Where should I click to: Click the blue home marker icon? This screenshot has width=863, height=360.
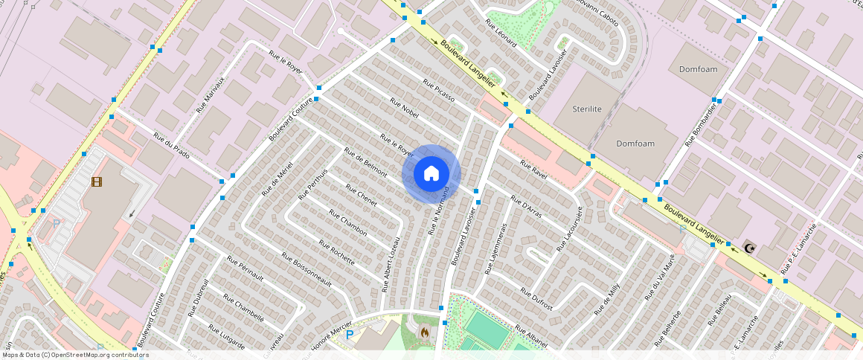[x=431, y=173]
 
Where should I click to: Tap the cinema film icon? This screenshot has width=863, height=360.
[x=97, y=181]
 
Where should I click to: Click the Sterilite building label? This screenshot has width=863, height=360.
[x=587, y=109]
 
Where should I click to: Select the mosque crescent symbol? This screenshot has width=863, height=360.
[x=748, y=247]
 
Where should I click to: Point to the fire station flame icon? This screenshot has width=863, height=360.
[x=424, y=332]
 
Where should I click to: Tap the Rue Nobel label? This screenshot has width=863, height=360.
[x=405, y=109]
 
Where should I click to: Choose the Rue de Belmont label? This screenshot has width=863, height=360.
[x=365, y=162]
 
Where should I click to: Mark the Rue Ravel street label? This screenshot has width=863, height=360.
[x=533, y=169]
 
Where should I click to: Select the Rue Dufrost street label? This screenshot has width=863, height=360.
[x=536, y=298]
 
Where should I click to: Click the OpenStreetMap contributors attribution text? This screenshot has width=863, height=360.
[x=74, y=355]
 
